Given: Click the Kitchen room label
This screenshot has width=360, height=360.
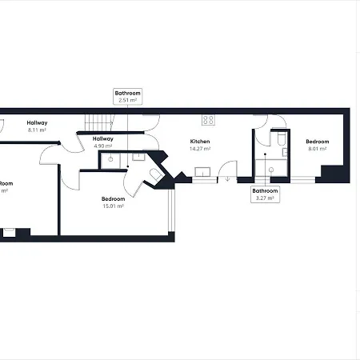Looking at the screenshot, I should [x=199, y=142].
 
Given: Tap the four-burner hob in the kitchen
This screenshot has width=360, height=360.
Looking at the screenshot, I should [x=208, y=119].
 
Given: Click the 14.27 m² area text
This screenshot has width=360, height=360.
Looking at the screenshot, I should [x=199, y=149].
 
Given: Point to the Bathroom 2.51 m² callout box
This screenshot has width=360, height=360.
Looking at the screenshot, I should [x=128, y=97].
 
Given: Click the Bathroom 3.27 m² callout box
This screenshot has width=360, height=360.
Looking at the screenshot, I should [x=265, y=194].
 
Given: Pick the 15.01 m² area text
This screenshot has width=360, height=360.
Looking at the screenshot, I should [x=113, y=206].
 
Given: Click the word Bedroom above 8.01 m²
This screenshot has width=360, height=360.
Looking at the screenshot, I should [x=318, y=142].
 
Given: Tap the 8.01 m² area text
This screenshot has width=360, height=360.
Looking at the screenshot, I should [x=318, y=149].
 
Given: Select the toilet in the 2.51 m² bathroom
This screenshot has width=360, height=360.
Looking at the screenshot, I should [x=155, y=174].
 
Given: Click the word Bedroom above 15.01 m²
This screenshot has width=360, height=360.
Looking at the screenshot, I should [x=113, y=198].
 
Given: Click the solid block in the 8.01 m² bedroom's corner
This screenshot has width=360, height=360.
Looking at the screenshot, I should [x=329, y=172].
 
